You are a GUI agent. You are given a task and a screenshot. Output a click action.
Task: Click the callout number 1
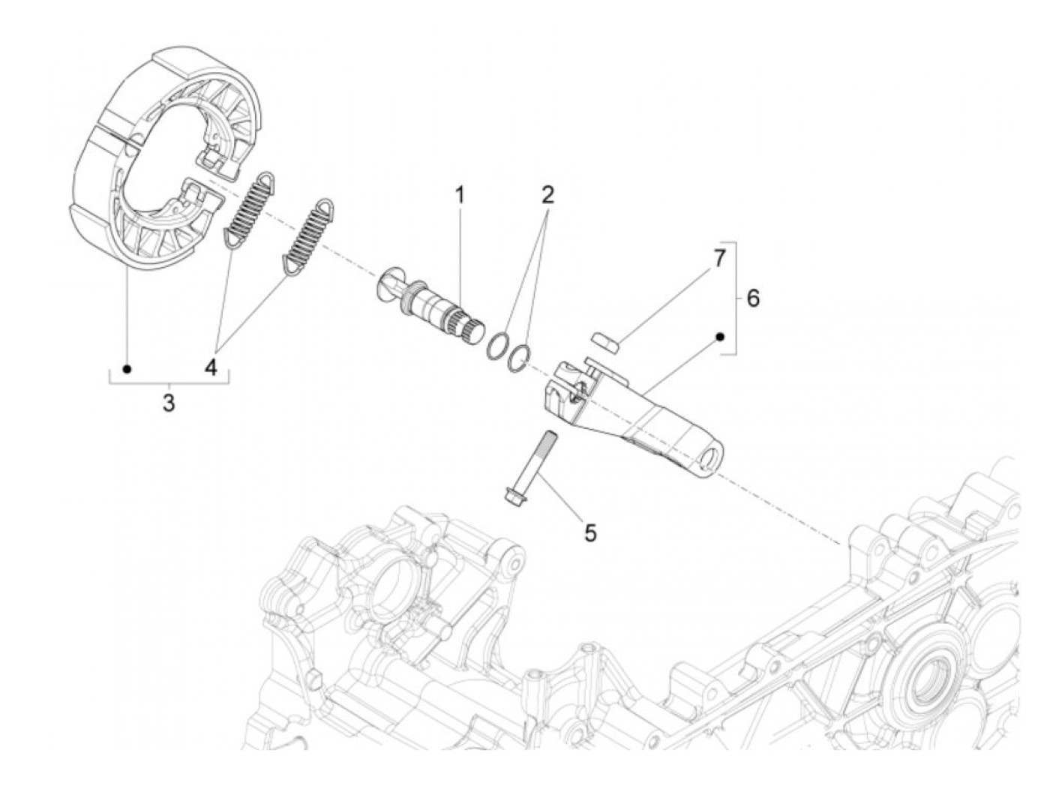[x=459, y=196]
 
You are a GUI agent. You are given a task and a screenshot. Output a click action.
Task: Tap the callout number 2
[x=547, y=196]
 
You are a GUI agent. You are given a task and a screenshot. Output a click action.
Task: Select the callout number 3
[x=169, y=402]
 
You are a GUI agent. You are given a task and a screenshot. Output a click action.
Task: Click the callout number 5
[x=590, y=533]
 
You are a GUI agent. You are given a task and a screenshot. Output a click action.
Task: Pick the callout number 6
[x=752, y=298]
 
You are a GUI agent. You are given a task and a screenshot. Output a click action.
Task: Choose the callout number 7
[x=719, y=259]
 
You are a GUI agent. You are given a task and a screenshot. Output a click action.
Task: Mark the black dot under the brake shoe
[x=127, y=369]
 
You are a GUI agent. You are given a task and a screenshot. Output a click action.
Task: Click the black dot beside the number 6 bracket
[x=720, y=337]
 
